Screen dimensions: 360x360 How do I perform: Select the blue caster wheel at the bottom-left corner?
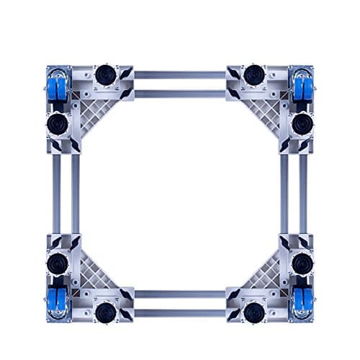[58, 301]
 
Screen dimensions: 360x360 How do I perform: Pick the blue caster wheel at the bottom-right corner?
[302, 301]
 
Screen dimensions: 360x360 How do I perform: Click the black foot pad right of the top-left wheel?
[106, 74]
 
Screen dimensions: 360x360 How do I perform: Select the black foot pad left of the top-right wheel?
[253, 74]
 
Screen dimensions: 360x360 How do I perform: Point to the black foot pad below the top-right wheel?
[302, 123]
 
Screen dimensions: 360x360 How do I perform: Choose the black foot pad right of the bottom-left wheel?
[106, 312]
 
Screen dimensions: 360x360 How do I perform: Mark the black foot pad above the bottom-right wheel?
[302, 263]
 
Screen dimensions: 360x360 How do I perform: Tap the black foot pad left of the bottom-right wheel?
[253, 312]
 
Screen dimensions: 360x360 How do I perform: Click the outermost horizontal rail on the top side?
[180, 75]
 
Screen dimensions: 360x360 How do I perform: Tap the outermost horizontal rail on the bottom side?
[180, 313]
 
